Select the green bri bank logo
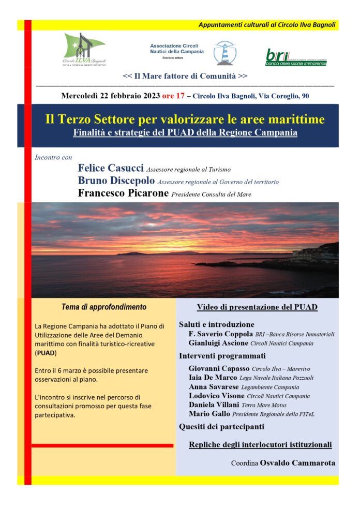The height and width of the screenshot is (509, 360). (x=296, y=56)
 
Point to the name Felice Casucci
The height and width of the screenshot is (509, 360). (x=111, y=168)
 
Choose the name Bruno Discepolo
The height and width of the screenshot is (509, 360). (x=116, y=181)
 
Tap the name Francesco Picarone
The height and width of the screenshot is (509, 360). (x=123, y=193)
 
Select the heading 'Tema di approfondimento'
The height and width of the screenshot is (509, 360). (x=104, y=307)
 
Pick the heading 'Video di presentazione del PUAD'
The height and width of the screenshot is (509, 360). (x=257, y=307)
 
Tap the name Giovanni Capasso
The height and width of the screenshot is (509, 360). (x=219, y=368)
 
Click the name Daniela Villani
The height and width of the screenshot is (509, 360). (x=214, y=405)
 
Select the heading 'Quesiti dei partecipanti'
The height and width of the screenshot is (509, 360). (x=221, y=427)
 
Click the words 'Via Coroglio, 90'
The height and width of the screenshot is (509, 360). (x=282, y=96)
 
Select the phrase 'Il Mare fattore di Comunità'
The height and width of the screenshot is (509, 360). (x=185, y=76)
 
